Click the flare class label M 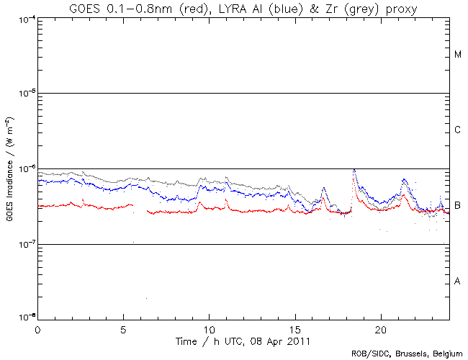click(x=458, y=55)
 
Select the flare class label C click(x=458, y=130)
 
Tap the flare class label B click(x=458, y=205)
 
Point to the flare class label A click(x=458, y=281)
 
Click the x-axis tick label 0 click(x=37, y=328)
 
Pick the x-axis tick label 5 click(x=123, y=328)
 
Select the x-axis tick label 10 click(x=209, y=328)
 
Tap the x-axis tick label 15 click(x=294, y=328)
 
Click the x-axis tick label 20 click(x=380, y=328)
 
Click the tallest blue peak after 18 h click(x=354, y=171)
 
